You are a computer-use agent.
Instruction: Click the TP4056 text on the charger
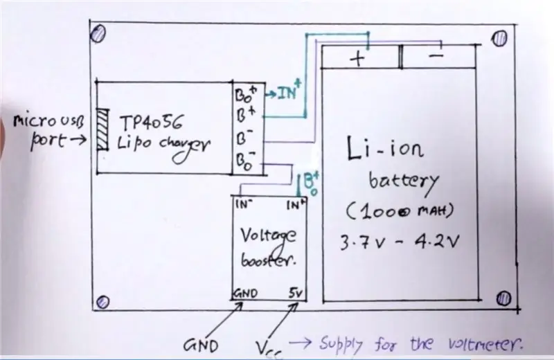(152, 123)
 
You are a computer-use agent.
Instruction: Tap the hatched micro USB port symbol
(102, 129)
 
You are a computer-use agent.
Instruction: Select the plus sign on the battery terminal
(357, 59)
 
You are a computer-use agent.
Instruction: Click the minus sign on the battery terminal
(436, 55)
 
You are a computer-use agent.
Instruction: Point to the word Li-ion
(385, 148)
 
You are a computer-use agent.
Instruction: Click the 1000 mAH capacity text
(400, 211)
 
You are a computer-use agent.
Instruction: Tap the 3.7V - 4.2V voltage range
(400, 242)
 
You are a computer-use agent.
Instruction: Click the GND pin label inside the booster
(246, 294)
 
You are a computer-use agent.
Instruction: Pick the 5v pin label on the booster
(296, 293)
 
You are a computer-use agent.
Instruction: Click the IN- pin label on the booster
(244, 204)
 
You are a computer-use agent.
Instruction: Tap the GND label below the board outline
(201, 345)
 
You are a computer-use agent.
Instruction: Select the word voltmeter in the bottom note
(485, 343)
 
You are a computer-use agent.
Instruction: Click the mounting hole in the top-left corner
(98, 34)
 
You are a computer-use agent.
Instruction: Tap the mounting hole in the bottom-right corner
(503, 298)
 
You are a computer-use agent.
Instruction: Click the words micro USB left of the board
(48, 121)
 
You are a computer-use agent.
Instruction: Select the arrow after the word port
(78, 141)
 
